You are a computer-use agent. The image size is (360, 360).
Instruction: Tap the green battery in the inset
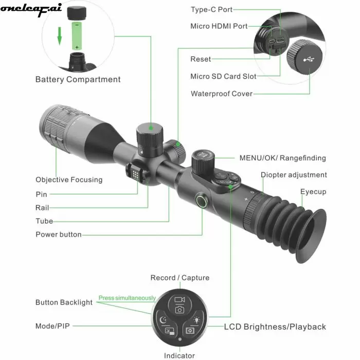77,36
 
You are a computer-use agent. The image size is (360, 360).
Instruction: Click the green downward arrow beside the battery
60,36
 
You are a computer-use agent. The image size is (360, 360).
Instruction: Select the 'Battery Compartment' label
78,79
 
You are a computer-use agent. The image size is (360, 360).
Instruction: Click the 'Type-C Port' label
212,9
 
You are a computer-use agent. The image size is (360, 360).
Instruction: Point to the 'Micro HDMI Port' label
219,26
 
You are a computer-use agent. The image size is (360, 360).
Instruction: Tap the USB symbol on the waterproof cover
309,60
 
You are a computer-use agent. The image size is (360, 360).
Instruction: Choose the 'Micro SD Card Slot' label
223,76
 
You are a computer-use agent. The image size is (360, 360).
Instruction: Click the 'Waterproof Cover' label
222,94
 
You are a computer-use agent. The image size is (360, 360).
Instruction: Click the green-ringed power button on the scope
202,201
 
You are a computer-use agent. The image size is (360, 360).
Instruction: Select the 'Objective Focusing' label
69,180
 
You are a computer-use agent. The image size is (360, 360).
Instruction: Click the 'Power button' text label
59,235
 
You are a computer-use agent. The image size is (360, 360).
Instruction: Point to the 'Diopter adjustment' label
294,175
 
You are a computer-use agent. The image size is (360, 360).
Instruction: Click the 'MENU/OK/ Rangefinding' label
283,158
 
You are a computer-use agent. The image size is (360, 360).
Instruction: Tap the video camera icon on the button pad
179,300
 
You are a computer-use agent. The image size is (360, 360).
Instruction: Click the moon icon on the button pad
163,319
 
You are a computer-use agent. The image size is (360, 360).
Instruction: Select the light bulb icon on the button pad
196,320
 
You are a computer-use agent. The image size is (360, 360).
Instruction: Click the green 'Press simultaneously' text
127,298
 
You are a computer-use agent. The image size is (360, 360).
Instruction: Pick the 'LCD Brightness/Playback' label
275,327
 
